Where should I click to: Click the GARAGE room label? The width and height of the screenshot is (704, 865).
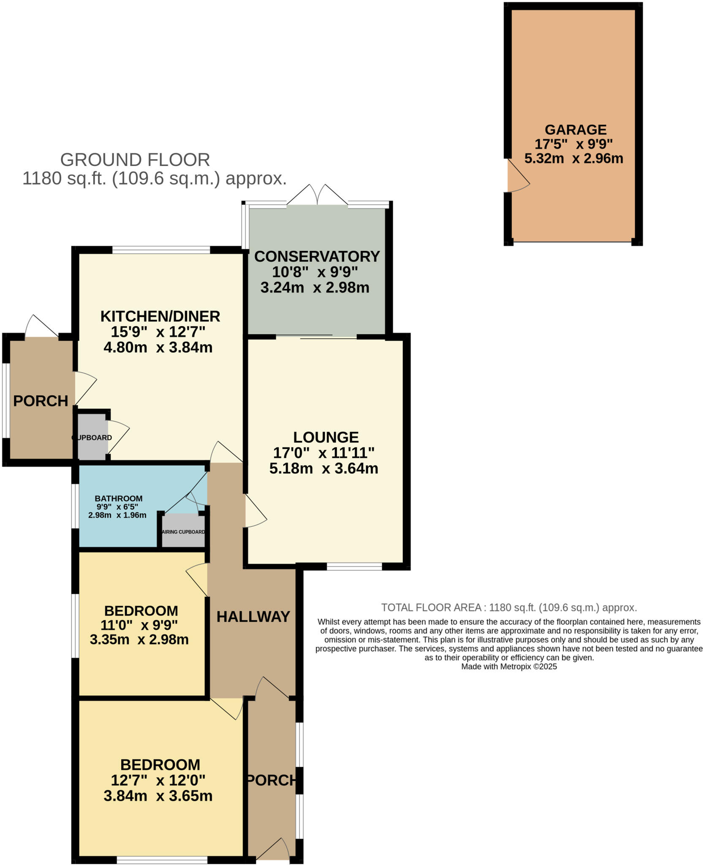(x=575, y=129)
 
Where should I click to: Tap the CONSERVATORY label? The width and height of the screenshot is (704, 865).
(x=317, y=256)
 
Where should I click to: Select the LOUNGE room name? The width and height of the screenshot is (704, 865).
(x=326, y=437)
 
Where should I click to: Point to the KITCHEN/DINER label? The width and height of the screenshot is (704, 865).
(x=160, y=316)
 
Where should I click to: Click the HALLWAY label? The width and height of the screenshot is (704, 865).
(x=253, y=617)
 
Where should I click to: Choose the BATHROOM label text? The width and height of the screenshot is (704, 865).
(x=119, y=498)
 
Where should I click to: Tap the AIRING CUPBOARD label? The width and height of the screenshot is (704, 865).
(x=184, y=532)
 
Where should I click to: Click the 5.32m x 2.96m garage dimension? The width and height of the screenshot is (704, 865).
(x=574, y=158)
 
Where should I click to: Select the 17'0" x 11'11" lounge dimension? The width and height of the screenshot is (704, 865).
(x=324, y=453)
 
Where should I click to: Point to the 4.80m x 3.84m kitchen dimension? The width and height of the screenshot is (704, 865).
(x=158, y=347)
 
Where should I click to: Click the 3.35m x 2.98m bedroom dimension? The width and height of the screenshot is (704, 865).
(x=139, y=639)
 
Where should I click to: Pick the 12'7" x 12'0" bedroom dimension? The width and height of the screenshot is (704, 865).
(x=158, y=780)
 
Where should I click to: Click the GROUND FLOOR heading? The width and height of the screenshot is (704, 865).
(x=135, y=160)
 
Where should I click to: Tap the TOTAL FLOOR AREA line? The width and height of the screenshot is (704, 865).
(x=509, y=607)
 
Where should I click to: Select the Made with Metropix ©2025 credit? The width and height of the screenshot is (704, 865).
(x=509, y=666)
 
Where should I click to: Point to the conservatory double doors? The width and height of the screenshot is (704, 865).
(x=317, y=195)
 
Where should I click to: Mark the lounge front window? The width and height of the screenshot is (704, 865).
(x=355, y=566)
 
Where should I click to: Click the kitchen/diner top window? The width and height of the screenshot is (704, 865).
(x=161, y=250)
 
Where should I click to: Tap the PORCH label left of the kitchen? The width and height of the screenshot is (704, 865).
(x=41, y=401)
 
